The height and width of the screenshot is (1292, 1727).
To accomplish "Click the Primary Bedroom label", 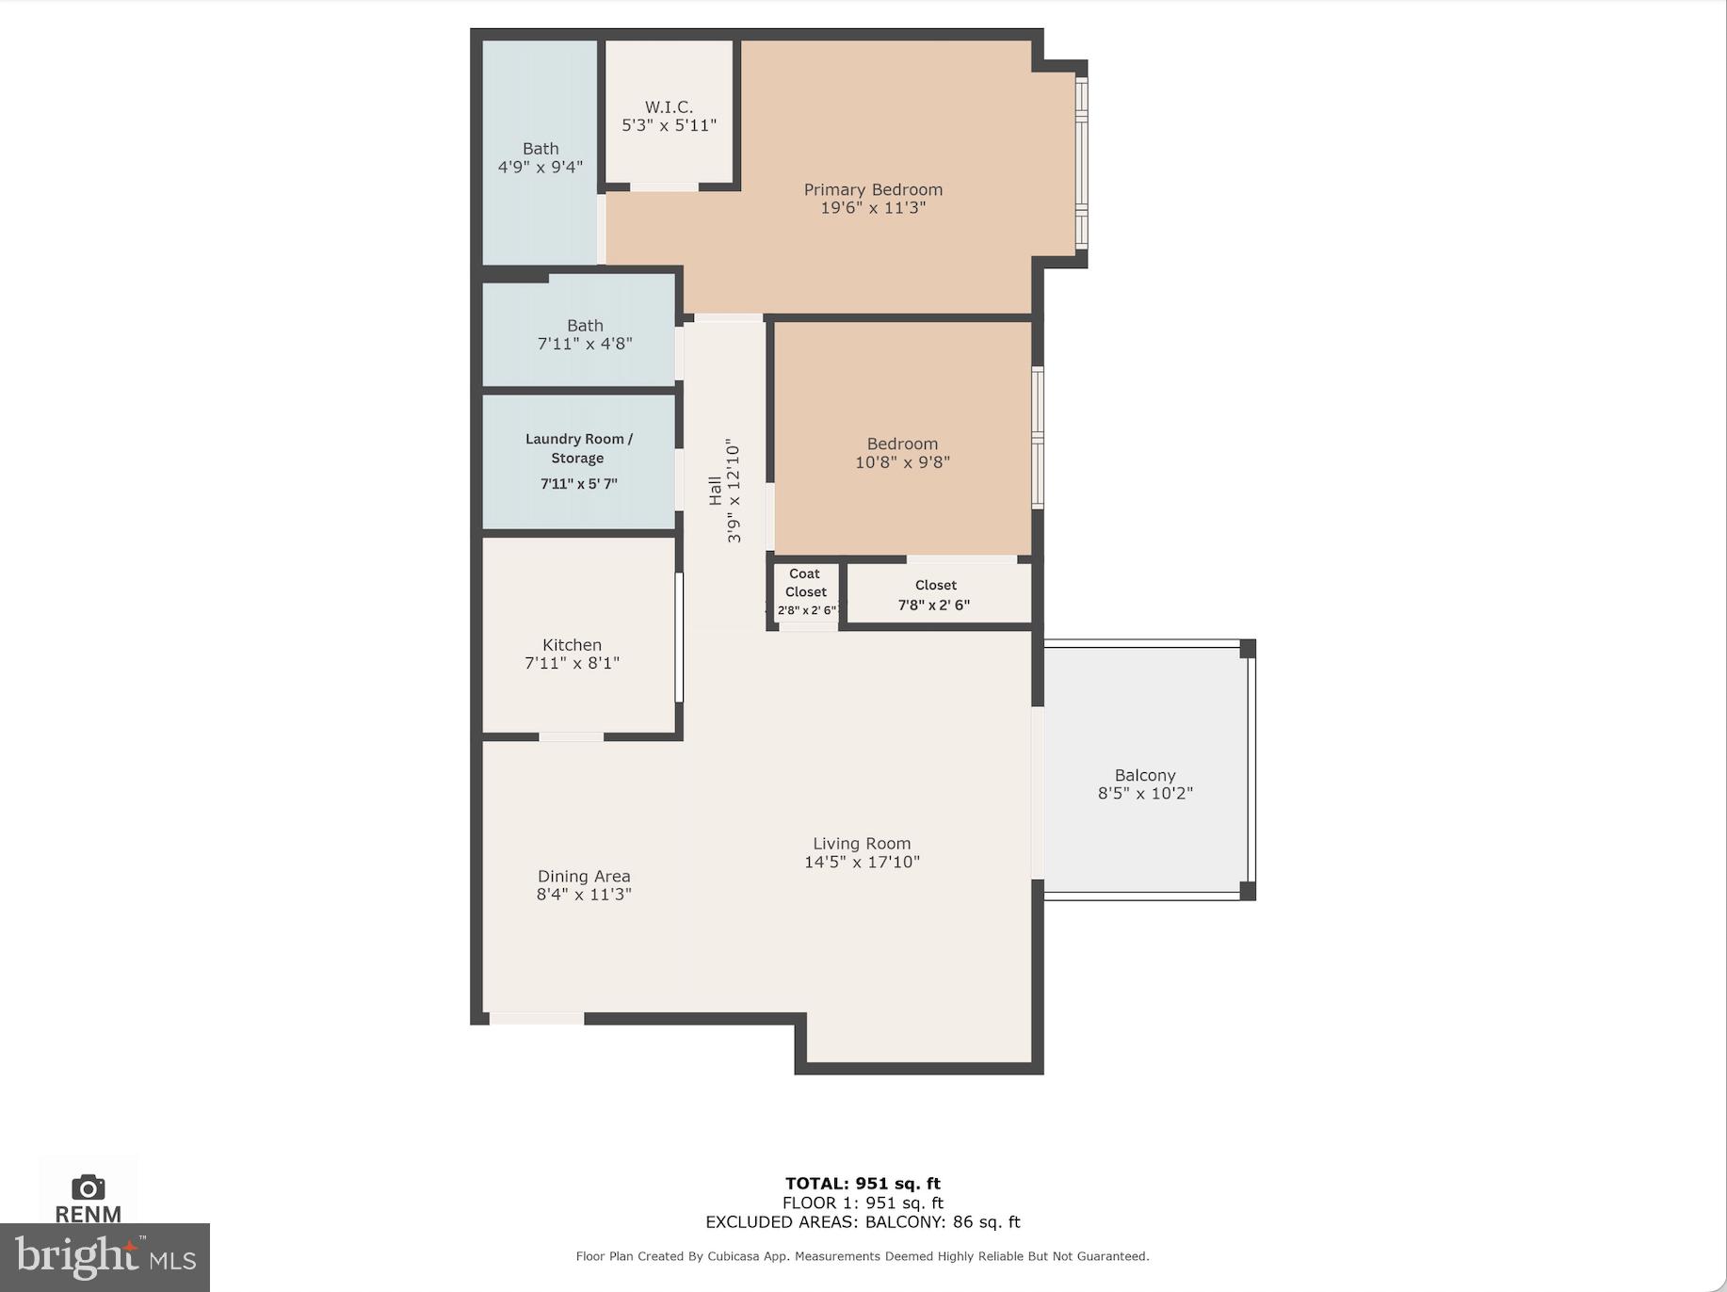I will pyautogui.click(x=873, y=190).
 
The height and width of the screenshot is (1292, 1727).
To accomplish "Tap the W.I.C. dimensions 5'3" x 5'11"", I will pyautogui.click(x=669, y=125).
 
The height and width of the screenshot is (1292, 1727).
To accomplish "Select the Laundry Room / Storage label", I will pyautogui.click(x=578, y=448).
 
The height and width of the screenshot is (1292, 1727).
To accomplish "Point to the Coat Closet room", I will pyautogui.click(x=806, y=591).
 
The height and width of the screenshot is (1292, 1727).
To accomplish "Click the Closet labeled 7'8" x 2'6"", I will pyautogui.click(x=935, y=595).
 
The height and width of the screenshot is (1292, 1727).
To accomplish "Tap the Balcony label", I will pyautogui.click(x=1145, y=775).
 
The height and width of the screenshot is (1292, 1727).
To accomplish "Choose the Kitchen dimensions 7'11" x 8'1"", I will pyautogui.click(x=572, y=663).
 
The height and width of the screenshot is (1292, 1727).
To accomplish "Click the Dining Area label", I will pyautogui.click(x=584, y=876).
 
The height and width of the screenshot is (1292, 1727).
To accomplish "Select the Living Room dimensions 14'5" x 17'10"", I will pyautogui.click(x=862, y=862).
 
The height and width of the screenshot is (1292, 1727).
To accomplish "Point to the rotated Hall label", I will pyautogui.click(x=715, y=491).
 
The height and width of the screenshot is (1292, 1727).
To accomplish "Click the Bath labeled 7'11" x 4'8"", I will pyautogui.click(x=585, y=334).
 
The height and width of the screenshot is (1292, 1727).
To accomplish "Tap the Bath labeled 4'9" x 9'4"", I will pyautogui.click(x=541, y=157).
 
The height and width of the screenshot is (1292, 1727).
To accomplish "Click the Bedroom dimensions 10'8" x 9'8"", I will pyautogui.click(x=902, y=462).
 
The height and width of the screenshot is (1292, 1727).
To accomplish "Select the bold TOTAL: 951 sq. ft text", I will pyautogui.click(x=863, y=1184).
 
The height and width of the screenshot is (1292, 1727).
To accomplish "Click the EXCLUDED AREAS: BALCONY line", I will pyautogui.click(x=863, y=1222).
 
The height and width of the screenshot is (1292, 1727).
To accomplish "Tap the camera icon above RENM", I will pyautogui.click(x=88, y=1187).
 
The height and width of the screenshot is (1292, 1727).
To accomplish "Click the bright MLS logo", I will pyautogui.click(x=104, y=1258).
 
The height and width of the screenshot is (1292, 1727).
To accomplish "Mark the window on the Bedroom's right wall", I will pyautogui.click(x=1038, y=438).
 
